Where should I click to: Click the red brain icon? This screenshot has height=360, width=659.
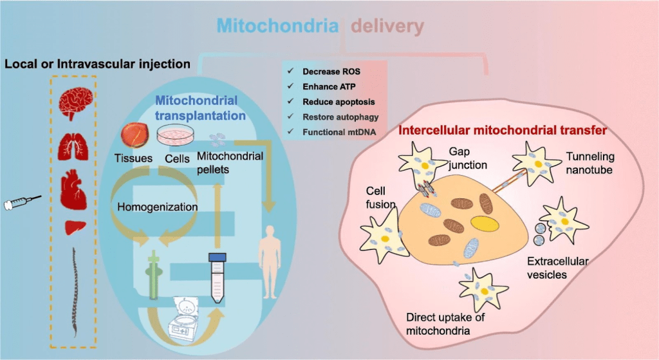75,103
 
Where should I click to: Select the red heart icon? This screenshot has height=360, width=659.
73,189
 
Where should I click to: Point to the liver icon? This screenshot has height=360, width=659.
75,227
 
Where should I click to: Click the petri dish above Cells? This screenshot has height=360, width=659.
175,135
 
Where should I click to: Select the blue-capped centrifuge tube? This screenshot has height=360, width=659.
218,278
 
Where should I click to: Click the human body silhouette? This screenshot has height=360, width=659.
270,261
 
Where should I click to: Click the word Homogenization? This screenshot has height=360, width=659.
157,207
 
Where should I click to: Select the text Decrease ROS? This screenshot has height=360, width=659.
331,71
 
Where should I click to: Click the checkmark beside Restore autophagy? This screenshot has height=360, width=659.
290,116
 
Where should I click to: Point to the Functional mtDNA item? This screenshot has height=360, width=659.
339,132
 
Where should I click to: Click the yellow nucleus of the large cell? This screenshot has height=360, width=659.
485,223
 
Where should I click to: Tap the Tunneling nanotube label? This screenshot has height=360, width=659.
589,163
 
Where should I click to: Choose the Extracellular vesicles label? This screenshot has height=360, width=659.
558,268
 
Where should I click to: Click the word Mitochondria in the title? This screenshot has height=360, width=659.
277,26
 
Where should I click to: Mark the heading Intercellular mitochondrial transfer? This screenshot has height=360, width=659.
502,130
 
